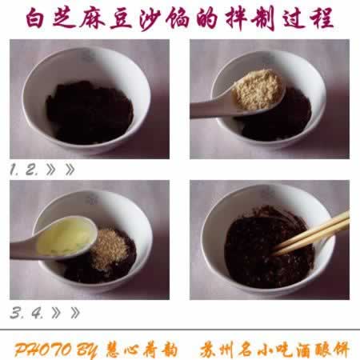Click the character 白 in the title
tap(35, 18)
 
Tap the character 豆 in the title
tap(122, 19)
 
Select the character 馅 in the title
tap(178, 19)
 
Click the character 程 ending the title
tap(322, 18)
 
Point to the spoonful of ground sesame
tap(258, 90)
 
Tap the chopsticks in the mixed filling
tap(310, 234)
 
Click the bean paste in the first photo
tap(90, 113)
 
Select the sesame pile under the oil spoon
tap(110, 249)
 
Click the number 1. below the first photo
tap(14, 170)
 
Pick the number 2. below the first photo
tap(32, 170)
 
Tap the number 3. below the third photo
tap(16, 313)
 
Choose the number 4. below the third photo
tap(38, 313)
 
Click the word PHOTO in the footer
tap(43, 350)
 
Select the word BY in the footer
tap(86, 350)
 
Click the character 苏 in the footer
tap(208, 350)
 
